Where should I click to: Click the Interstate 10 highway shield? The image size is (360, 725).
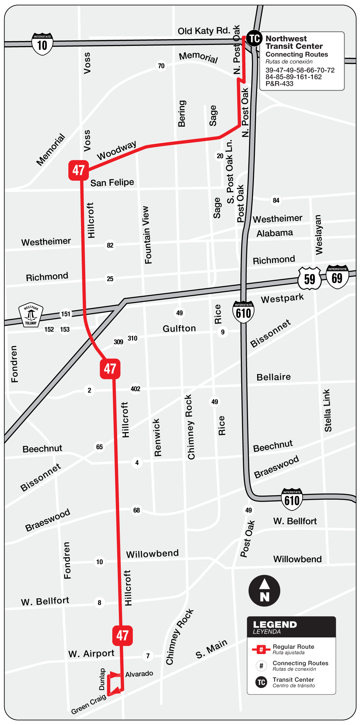(x=42, y=44)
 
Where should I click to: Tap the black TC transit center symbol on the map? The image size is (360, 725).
(x=254, y=38)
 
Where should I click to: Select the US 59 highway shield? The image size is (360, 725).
(x=310, y=279)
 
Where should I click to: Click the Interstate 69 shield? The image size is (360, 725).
(x=337, y=277)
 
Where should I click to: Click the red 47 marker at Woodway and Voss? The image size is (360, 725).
(x=78, y=170)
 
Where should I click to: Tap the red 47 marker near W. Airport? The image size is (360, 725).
(x=122, y=635)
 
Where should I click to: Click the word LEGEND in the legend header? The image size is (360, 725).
(x=275, y=624)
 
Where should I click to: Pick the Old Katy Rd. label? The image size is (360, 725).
(x=204, y=31)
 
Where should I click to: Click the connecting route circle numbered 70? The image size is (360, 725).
(x=161, y=66)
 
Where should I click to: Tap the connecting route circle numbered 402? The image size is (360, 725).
(x=135, y=389)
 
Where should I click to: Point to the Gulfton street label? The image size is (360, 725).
(x=179, y=328)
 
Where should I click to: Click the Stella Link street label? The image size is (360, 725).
(x=327, y=411)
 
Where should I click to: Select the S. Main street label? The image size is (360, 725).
(x=211, y=649)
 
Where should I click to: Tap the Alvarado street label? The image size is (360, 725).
(x=139, y=674)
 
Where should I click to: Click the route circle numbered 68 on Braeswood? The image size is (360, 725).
(x=136, y=510)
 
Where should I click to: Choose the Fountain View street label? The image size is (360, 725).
(x=147, y=235)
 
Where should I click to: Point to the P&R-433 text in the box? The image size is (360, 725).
(x=279, y=84)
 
